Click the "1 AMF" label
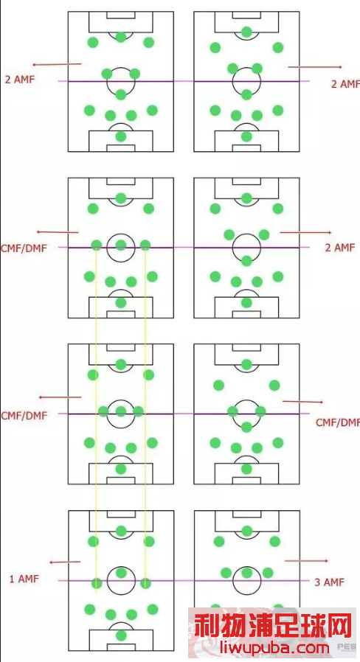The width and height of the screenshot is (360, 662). coord(24,579)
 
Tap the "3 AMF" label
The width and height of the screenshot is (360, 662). coord(330,582)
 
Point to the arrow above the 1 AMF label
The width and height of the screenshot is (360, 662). coord(65,562)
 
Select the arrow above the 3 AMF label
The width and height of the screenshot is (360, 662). coord(306,561)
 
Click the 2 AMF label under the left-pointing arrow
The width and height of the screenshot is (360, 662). coord(19,79)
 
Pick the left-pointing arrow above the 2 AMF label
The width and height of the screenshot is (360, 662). coord(57,64)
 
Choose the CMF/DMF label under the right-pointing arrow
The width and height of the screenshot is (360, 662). coord(338,422)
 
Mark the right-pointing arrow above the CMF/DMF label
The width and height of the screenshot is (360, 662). coord(302,402)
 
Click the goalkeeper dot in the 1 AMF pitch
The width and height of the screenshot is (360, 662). coord(121,635)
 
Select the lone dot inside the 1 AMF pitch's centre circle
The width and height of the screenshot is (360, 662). coord(121,573)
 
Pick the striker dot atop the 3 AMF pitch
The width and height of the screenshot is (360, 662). coord(246,530)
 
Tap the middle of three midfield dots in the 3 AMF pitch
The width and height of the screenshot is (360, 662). coord(246,573)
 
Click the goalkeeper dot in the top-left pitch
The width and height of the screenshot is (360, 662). coord(121,136)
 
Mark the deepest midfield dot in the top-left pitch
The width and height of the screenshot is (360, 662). coord(121,94)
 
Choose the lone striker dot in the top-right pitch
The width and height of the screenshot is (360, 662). coord(246,32)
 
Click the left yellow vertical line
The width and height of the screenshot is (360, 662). coord(97,419)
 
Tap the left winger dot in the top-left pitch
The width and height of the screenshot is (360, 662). coord(93,42)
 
